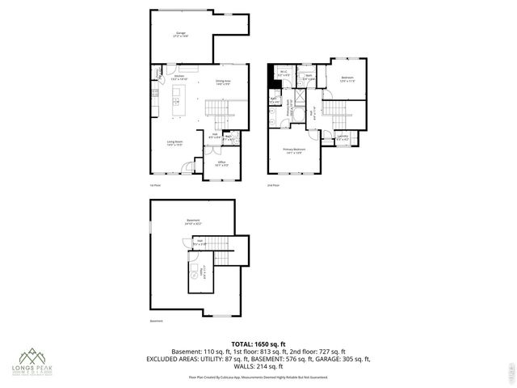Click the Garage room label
click(x=179, y=35)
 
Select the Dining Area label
click(x=224, y=82)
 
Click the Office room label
click(x=221, y=163)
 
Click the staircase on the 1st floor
click(x=217, y=107)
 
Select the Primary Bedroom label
click(x=293, y=151)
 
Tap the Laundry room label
click(x=343, y=137)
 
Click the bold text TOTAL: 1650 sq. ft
click(x=258, y=344)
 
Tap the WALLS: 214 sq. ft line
click(x=258, y=365)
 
